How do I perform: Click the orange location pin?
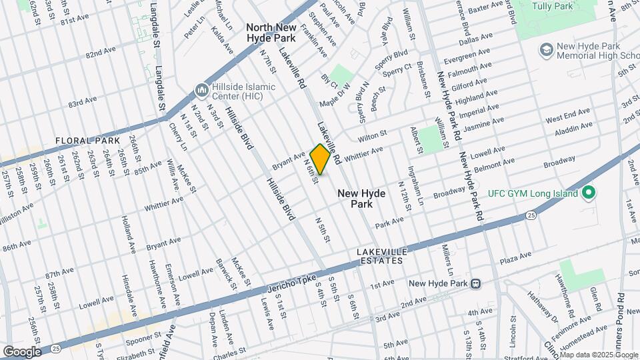pyautogui.click(x=320, y=159)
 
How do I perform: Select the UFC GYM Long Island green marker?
pyautogui.click(x=588, y=193)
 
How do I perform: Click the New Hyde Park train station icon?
pyautogui.click(x=476, y=283)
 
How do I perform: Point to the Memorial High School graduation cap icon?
pyautogui.click(x=546, y=51)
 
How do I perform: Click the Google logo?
pyautogui.click(x=22, y=351)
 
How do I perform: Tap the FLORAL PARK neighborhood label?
pyautogui.click(x=87, y=141)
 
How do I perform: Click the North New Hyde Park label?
pyautogui.click(x=271, y=33)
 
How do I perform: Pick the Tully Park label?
pyautogui.click(x=553, y=6)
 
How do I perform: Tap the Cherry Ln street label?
pyautogui.click(x=175, y=137)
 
